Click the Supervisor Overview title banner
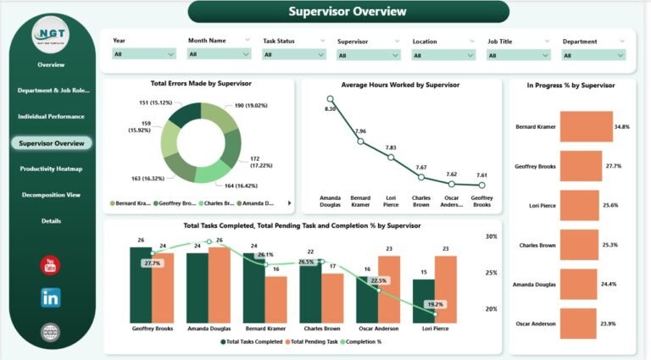point(348,12)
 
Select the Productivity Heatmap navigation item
point(52,169)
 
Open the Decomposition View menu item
point(51,195)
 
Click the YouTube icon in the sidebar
point(51,265)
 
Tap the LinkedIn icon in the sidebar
point(51,297)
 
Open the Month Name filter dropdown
point(219,53)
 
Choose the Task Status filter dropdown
point(293,53)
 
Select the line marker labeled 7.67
point(421,177)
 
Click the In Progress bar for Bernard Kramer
point(585,127)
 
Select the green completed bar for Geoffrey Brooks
point(141,285)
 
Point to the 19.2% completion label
point(434,304)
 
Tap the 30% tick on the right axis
point(491,236)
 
